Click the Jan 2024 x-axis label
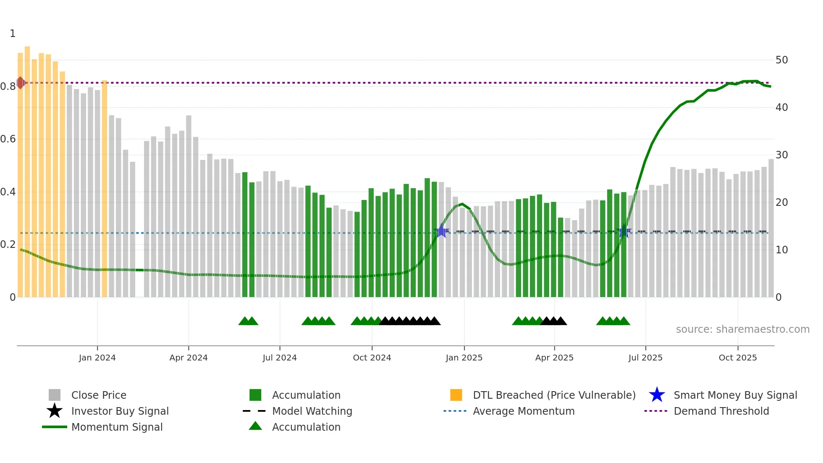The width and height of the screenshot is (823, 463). point(97,358)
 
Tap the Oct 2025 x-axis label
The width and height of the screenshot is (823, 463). point(737,358)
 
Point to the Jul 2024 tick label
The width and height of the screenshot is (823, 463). point(279,358)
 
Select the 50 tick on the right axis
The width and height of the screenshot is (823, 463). point(781,60)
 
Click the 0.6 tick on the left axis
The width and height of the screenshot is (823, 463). point(8,139)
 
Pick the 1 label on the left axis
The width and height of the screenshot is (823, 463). point(13,34)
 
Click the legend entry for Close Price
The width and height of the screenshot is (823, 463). point(99,395)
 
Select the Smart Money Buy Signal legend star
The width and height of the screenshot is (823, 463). point(657,395)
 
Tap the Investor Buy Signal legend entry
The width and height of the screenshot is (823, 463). point(120,411)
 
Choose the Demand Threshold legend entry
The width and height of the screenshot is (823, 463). point(721,411)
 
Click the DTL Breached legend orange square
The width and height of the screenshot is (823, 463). point(456,395)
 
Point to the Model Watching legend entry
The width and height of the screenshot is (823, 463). point(312,411)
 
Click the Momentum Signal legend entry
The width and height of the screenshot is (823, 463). point(117,427)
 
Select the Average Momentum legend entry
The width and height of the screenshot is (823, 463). point(523,411)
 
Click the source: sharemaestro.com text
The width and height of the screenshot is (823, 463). point(742,329)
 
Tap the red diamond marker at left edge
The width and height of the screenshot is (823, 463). point(20,83)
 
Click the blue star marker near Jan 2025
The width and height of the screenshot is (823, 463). point(441,231)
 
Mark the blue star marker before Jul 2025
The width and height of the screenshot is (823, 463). point(624,232)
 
